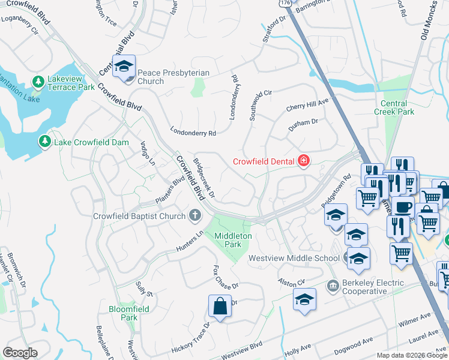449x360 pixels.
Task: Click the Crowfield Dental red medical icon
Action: pos(304,161)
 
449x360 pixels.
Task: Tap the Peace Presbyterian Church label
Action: pos(173,77)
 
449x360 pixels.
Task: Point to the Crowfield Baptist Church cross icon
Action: pos(194,215)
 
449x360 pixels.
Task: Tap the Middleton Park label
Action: pos(228,240)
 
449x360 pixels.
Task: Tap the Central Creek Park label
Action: pos(394,107)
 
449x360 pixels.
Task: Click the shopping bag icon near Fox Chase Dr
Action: pos(220,306)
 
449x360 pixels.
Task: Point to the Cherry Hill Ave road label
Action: pos(308,106)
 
